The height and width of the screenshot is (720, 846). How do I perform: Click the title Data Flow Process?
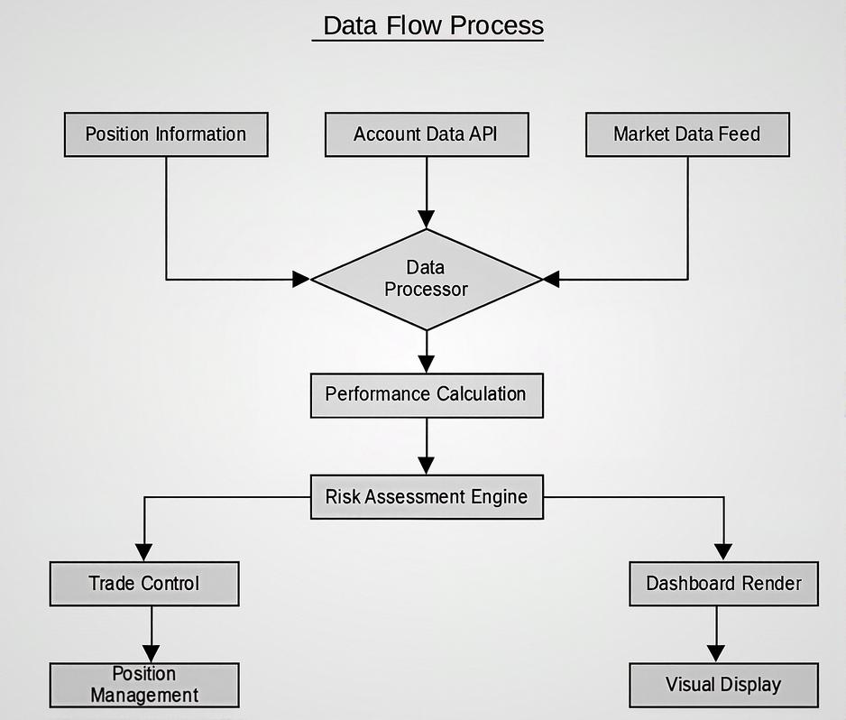click(x=432, y=25)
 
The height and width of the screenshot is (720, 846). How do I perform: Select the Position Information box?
click(x=166, y=134)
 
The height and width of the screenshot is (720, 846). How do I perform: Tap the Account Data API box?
click(x=426, y=134)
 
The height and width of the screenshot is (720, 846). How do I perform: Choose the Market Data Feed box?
click(x=687, y=134)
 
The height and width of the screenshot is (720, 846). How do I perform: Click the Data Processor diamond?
click(x=427, y=279)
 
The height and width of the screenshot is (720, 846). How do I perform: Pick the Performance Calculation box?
click(x=427, y=395)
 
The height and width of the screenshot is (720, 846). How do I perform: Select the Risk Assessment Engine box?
click(x=427, y=496)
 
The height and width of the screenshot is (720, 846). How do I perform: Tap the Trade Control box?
click(x=144, y=584)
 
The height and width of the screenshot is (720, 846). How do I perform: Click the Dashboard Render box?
click(x=723, y=584)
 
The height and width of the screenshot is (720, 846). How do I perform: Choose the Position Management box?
click(x=144, y=685)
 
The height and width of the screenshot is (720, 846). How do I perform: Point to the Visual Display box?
click(x=723, y=685)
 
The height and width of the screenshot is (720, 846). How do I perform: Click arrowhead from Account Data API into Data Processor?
click(x=427, y=219)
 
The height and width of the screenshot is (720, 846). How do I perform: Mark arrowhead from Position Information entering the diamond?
click(x=301, y=280)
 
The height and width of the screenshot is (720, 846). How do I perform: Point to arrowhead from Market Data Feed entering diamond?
click(x=551, y=280)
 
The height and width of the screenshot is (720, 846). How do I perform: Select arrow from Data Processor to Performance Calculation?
click(x=427, y=353)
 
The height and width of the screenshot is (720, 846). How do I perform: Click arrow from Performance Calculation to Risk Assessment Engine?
click(x=427, y=447)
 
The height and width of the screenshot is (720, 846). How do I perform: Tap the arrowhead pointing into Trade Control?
click(x=144, y=552)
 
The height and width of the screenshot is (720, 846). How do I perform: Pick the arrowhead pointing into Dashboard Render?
click(x=723, y=552)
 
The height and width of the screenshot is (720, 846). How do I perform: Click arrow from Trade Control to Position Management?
click(x=152, y=635)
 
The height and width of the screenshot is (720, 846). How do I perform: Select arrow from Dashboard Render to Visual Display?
click(x=716, y=635)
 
